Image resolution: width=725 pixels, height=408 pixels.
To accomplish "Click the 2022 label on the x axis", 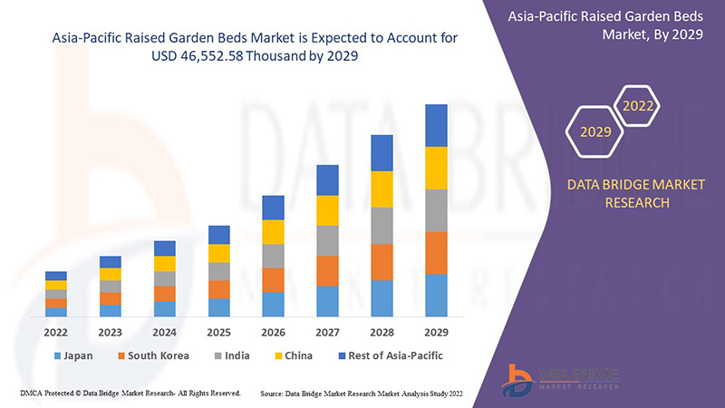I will tap(56, 331).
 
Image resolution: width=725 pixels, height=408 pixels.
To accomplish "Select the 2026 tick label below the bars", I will tap(273, 331).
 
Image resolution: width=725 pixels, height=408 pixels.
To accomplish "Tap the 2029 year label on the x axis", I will tap(436, 331).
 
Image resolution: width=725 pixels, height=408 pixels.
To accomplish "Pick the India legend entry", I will tap(233, 355).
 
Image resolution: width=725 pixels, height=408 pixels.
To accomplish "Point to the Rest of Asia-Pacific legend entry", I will tap(389, 355).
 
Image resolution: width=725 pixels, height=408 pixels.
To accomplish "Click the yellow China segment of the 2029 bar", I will tap(436, 168).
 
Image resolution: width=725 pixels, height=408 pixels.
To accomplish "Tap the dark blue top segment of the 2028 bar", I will tap(382, 152).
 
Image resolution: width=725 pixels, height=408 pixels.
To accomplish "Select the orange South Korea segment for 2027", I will tap(327, 271).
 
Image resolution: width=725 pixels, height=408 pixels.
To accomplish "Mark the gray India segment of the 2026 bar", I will tap(273, 256).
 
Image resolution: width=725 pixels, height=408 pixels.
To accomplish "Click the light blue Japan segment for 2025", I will tap(218, 307).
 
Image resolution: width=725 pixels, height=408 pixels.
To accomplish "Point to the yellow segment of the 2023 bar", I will tap(111, 274).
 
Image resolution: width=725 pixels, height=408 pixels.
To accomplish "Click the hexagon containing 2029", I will tap(595, 132).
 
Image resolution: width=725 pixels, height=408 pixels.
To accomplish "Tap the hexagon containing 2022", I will tap(638, 107).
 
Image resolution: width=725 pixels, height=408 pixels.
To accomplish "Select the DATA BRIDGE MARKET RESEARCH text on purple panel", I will tap(623, 194).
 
